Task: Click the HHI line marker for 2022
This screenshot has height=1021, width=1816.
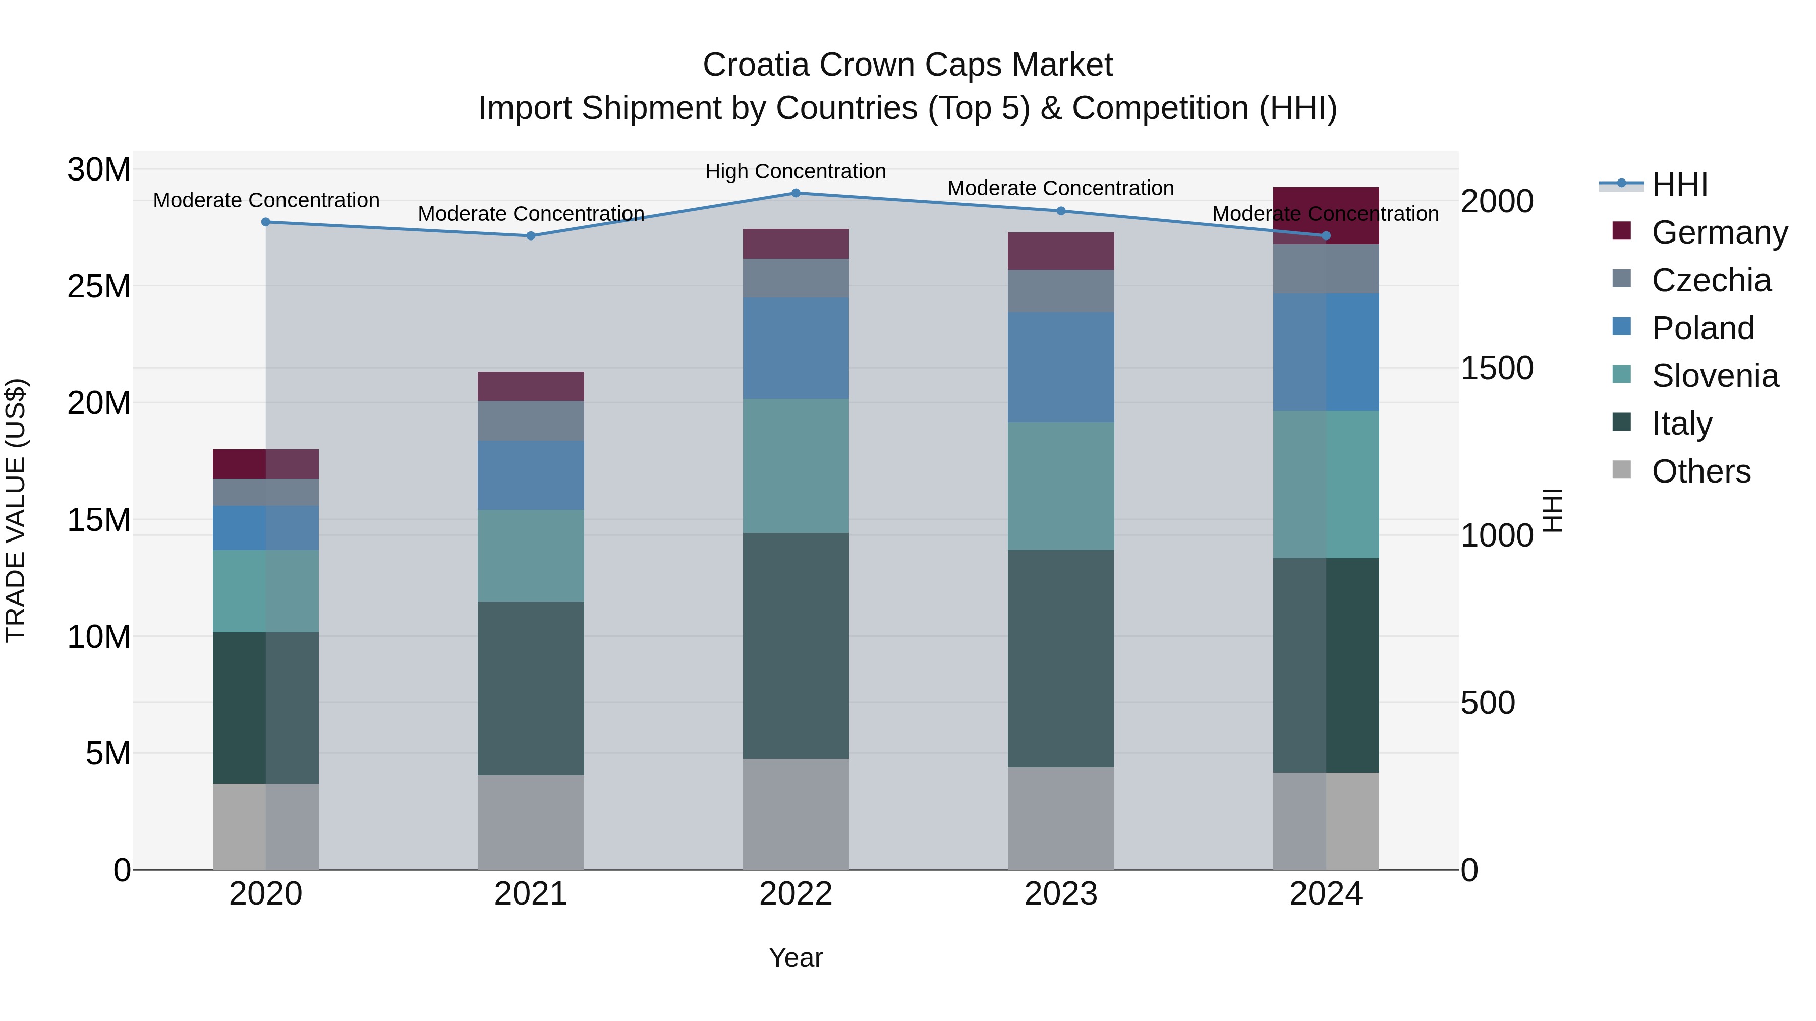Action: tap(796, 193)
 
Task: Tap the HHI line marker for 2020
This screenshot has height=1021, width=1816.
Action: tap(266, 222)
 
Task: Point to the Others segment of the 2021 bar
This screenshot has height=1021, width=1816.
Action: tap(531, 822)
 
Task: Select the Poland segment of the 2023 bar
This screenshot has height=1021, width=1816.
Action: tap(1061, 367)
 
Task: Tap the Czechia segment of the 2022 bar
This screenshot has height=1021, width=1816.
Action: tap(796, 278)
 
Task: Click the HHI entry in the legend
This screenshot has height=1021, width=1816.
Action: tap(1679, 185)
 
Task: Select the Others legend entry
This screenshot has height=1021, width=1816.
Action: tap(1700, 471)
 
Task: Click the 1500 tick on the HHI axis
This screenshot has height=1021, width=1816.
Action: tap(1496, 368)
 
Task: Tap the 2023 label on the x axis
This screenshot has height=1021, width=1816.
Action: tap(1061, 894)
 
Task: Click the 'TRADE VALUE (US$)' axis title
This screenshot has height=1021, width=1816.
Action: tap(16, 510)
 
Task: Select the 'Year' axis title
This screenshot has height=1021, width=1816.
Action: tap(796, 957)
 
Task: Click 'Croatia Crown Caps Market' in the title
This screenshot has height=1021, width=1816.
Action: tap(907, 65)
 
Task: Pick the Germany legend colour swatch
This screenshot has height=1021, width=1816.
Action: tap(1621, 231)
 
